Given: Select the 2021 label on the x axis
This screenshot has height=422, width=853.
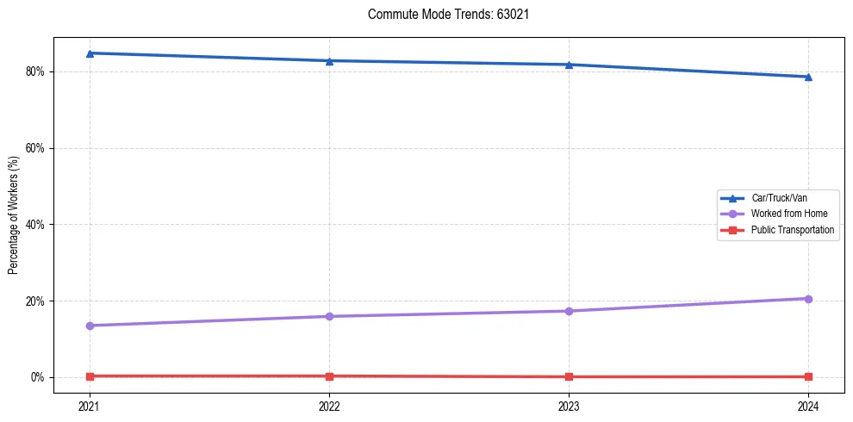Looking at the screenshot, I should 90,405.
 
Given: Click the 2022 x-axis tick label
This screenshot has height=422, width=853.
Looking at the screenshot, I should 329,405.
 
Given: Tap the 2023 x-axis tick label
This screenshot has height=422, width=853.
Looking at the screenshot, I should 569,405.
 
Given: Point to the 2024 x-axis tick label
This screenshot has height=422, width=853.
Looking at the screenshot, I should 808,405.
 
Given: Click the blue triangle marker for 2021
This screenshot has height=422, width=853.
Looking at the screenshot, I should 90,53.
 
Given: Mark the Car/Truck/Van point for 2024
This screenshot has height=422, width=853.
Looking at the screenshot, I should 808,77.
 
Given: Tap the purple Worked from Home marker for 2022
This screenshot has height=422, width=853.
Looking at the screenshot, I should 329,316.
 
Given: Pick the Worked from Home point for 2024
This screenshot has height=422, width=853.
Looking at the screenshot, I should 808,299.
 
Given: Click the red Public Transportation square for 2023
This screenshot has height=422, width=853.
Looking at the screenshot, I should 569,376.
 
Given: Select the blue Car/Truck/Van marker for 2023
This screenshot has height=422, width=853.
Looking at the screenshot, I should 569,65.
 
